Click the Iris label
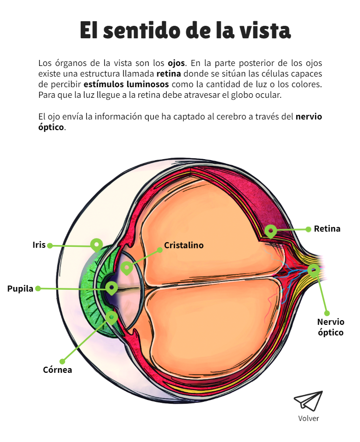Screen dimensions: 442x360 pyautogui.click(x=39, y=245)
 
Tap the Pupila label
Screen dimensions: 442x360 pyautogui.click(x=20, y=289)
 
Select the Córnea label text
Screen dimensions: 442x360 pyautogui.click(x=57, y=370)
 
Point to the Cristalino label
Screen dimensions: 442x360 pyautogui.click(x=184, y=245)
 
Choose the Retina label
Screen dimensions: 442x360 pyautogui.click(x=327, y=228)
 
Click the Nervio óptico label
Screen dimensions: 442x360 pyautogui.click(x=330, y=327)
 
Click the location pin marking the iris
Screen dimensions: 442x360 pyautogui.click(x=96, y=244)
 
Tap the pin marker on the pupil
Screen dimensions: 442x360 pyautogui.click(x=111, y=288)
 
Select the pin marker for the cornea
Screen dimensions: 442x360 pyautogui.click(x=112, y=317)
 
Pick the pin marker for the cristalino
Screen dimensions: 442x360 pyautogui.click(x=127, y=267)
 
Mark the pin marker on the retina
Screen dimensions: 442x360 pyautogui.click(x=270, y=231)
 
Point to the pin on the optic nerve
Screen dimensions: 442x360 pyautogui.click(x=313, y=270)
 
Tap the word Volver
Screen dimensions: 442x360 pyautogui.click(x=308, y=418)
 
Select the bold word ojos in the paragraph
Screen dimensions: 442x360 pyautogui.click(x=176, y=63)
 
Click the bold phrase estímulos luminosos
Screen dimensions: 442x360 pyautogui.click(x=126, y=84)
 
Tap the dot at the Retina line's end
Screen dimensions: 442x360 pyautogui.click(x=308, y=229)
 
